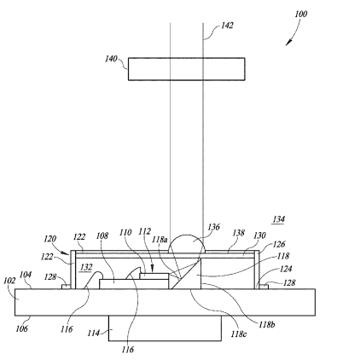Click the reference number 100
tap(301, 14)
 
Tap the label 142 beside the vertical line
tap(227, 26)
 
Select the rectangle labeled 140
tap(187, 69)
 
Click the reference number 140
tap(111, 59)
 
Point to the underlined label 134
tap(279, 219)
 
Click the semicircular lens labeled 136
tap(187, 244)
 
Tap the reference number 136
tap(213, 227)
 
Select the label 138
tap(238, 233)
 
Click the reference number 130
tap(259, 235)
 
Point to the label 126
tap(279, 244)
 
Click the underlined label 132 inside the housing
tap(86, 267)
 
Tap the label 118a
tap(160, 240)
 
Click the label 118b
tap(266, 325)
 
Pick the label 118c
tap(238, 334)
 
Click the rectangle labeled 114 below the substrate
tap(165, 328)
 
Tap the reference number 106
tap(21, 328)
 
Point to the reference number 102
tap(9, 281)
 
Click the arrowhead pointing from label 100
tap(288, 43)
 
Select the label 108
tap(102, 235)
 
